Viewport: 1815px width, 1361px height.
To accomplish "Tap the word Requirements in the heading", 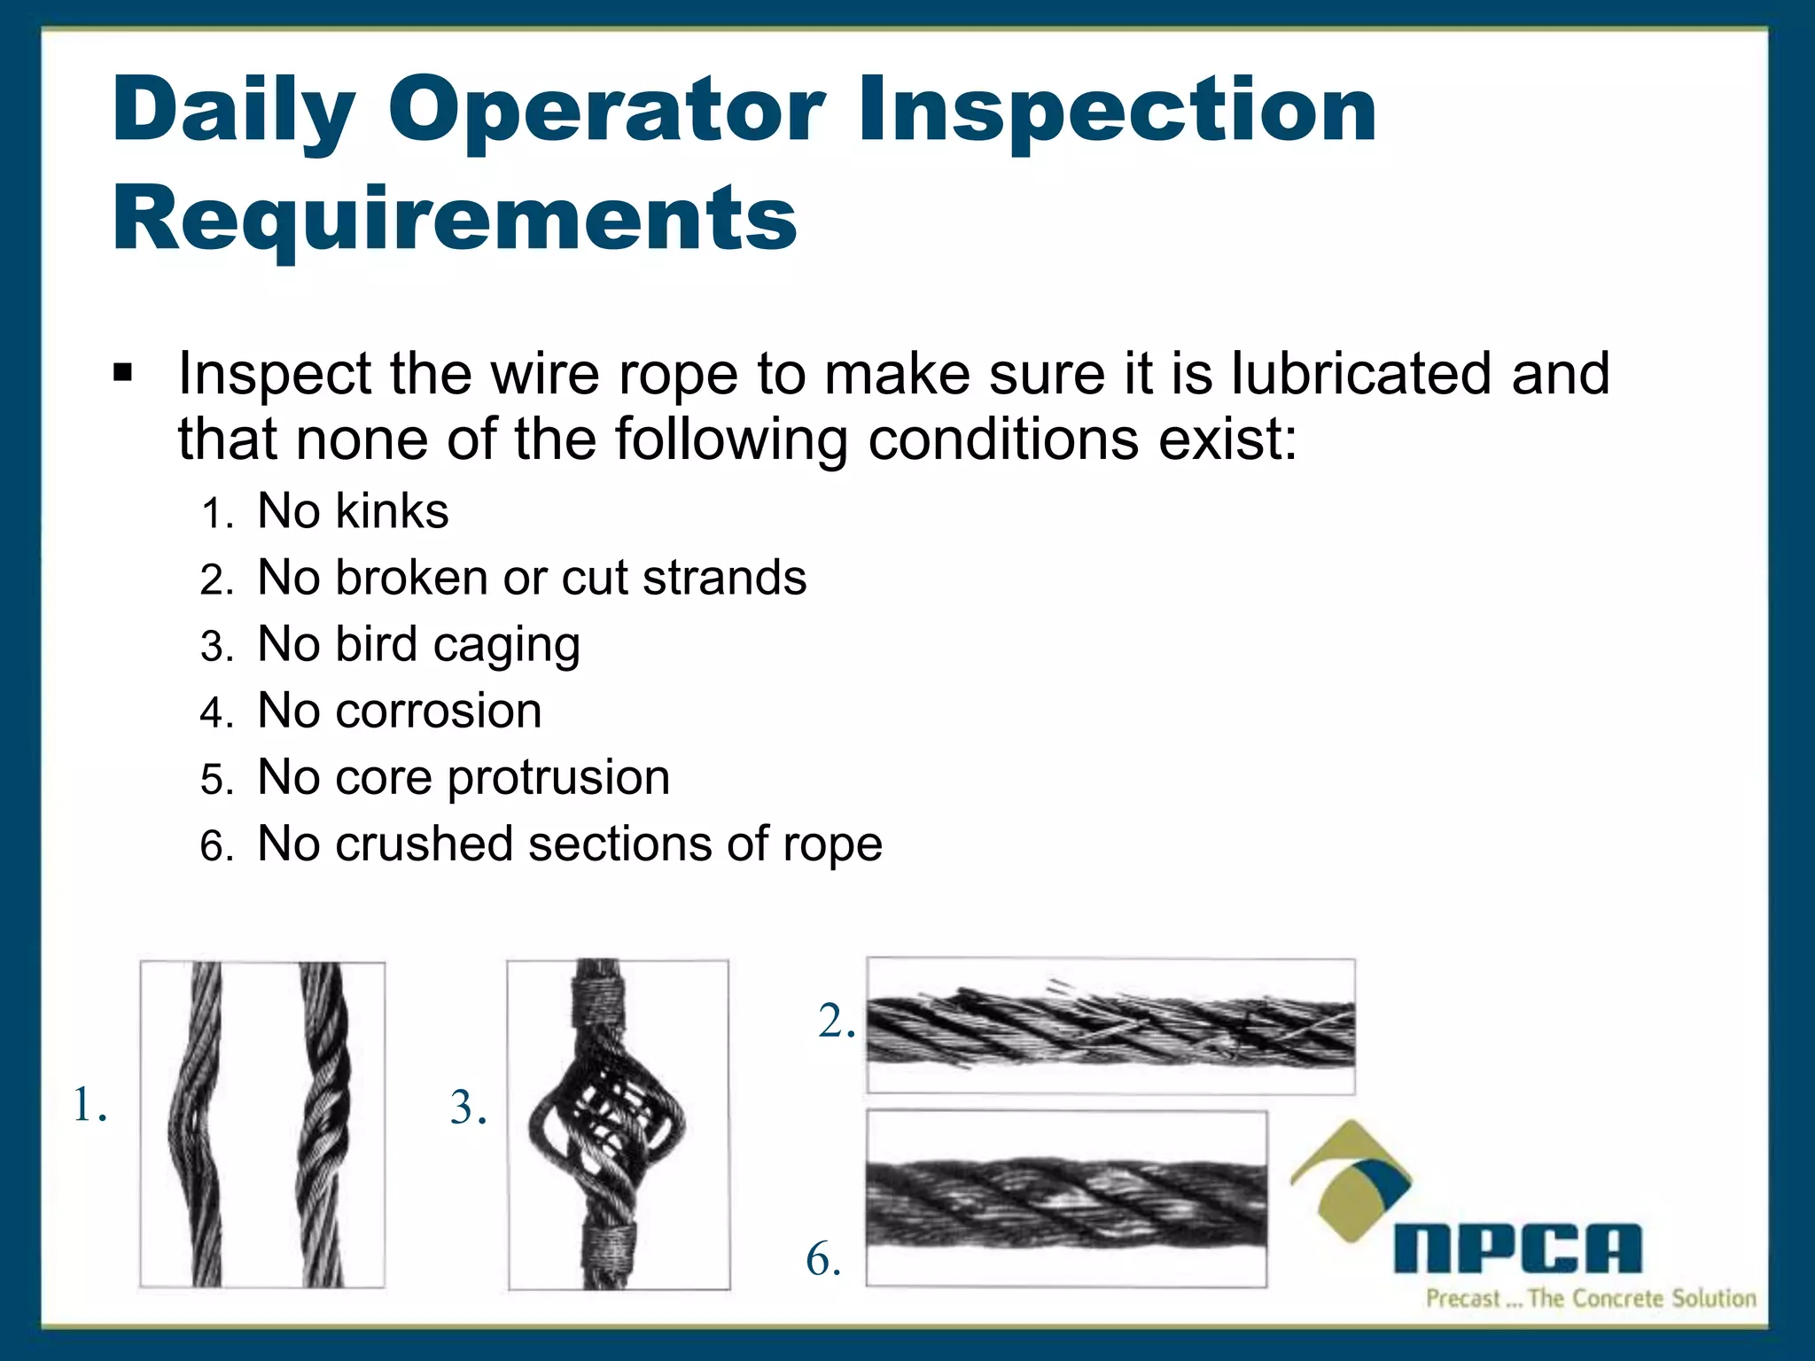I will pyautogui.click(x=455, y=218).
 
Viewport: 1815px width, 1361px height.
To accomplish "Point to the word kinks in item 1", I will pyautogui.click(x=392, y=511).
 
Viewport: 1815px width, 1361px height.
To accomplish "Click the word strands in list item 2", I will pyautogui.click(x=724, y=578).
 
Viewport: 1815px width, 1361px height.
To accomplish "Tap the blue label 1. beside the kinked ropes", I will pyautogui.click(x=90, y=1106).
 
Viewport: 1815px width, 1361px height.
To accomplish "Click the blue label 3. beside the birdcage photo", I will pyautogui.click(x=468, y=1108).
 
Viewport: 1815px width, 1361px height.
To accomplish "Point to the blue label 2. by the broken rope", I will pyautogui.click(x=836, y=1022).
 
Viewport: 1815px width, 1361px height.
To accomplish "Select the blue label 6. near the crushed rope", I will pyautogui.click(x=823, y=1259).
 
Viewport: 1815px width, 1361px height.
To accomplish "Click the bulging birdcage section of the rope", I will pyautogui.click(x=608, y=1125).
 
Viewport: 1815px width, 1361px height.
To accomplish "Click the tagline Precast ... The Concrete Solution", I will pyautogui.click(x=1591, y=1299).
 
